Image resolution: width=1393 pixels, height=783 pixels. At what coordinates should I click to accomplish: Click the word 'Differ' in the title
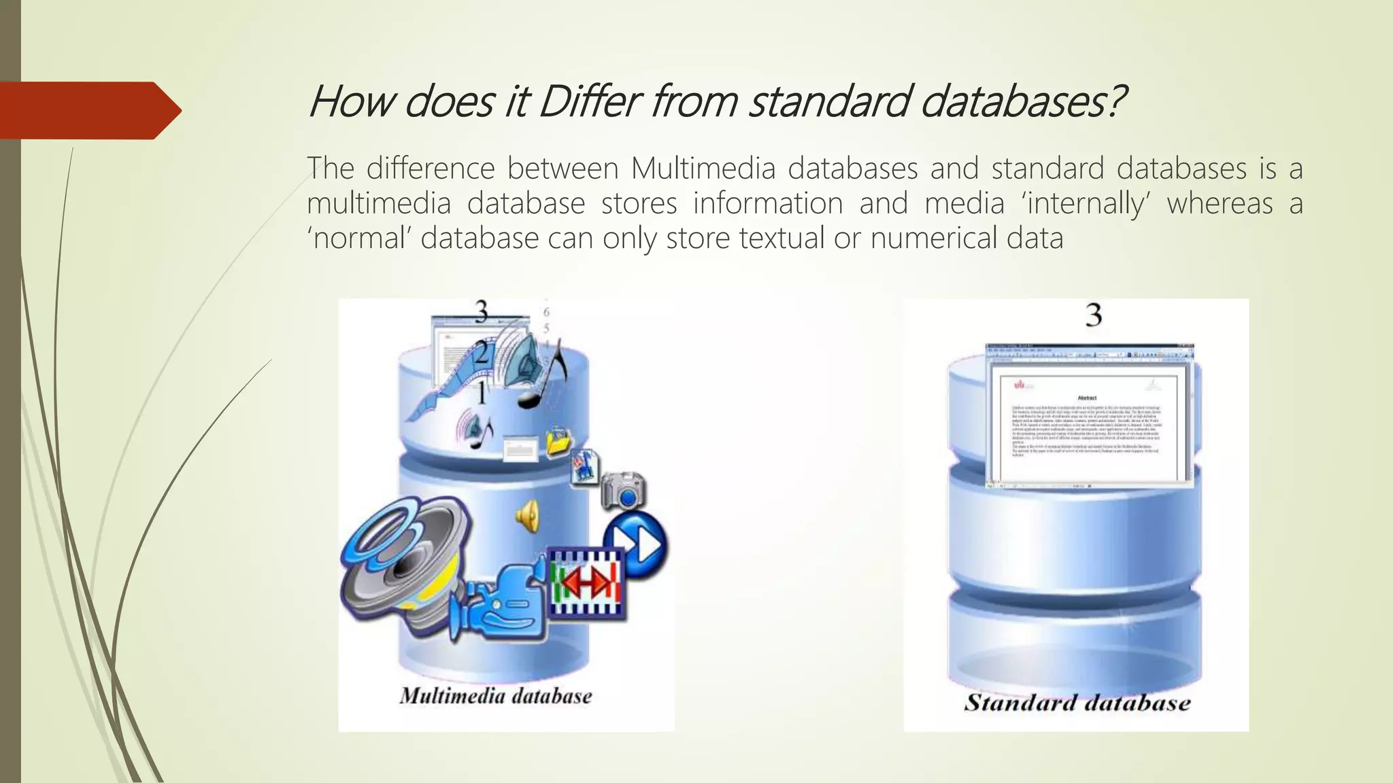click(x=589, y=102)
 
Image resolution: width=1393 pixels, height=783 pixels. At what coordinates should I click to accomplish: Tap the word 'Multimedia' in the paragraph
click(x=703, y=169)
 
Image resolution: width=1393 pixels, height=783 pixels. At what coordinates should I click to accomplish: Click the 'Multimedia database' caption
click(x=495, y=696)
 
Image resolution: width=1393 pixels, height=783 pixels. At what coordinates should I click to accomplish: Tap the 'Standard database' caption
click(x=1077, y=702)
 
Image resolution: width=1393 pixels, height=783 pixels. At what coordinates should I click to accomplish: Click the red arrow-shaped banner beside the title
click(x=88, y=110)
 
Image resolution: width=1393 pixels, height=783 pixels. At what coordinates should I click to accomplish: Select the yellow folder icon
click(x=559, y=441)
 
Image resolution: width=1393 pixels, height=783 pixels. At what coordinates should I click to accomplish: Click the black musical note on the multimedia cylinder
click(x=544, y=377)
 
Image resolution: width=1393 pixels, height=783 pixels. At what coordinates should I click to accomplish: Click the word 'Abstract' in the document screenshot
click(x=1087, y=398)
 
